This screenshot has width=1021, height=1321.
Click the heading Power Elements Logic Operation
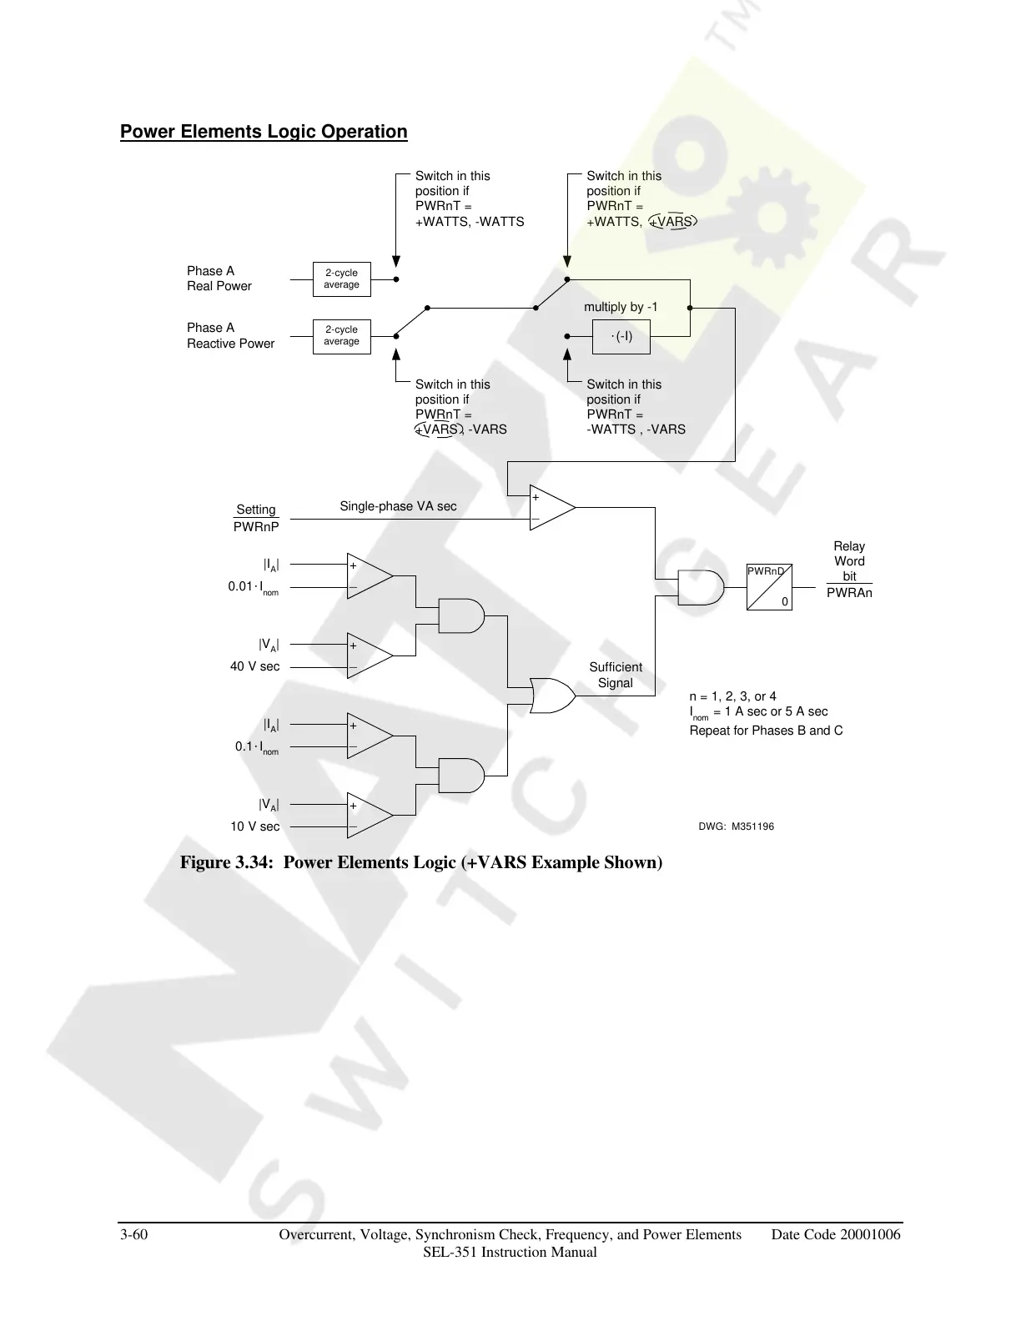[264, 132]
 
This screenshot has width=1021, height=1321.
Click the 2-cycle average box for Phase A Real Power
[341, 279]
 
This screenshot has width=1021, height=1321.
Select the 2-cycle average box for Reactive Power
[341, 336]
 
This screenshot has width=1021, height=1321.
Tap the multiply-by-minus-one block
[621, 336]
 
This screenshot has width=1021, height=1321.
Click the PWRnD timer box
[769, 587]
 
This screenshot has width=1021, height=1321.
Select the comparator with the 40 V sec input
[369, 656]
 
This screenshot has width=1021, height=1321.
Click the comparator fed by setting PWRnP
[551, 508]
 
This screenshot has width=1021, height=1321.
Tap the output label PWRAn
[849, 593]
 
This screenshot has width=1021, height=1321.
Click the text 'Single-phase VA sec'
[398, 506]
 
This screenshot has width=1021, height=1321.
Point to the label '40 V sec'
[255, 666]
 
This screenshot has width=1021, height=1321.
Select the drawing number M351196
[736, 826]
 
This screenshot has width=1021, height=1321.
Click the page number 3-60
[134, 1235]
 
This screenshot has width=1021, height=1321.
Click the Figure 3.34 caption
[421, 862]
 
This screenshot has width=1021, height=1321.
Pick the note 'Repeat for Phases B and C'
[766, 731]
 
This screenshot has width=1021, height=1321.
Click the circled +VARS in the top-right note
[672, 222]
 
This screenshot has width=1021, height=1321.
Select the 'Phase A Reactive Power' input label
[230, 335]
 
